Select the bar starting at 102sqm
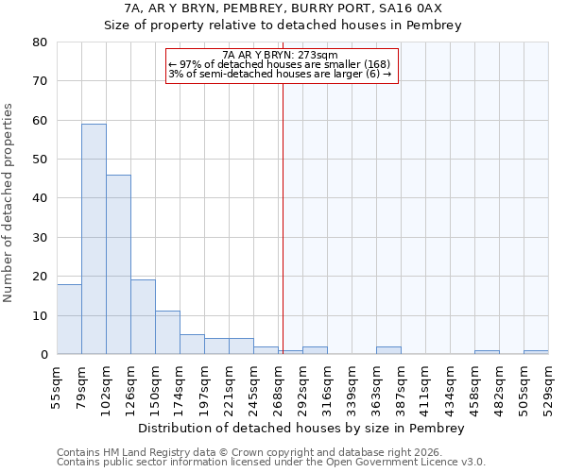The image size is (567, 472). tap(118, 264)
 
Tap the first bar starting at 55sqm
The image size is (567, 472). tap(69, 319)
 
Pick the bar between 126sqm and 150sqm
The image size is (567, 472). tap(143, 317)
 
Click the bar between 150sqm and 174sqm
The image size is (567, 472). tap(167, 332)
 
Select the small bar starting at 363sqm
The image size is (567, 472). tap(388, 350)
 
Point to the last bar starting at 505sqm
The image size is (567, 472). tap(536, 352)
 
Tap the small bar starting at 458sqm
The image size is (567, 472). tap(487, 352)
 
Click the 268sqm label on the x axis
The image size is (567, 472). tap(278, 388)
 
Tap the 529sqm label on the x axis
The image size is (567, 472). tap(548, 388)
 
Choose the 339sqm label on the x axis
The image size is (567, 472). tap(352, 388)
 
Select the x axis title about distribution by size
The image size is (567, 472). tap(301, 428)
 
